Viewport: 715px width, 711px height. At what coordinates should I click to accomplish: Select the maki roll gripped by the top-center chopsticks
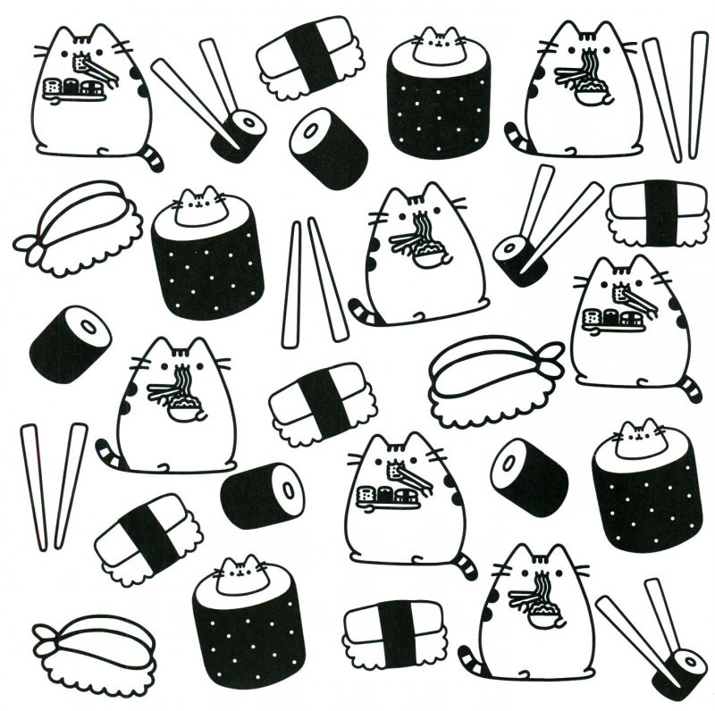(239, 133)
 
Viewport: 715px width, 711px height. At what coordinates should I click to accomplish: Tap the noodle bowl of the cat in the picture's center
(427, 259)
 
